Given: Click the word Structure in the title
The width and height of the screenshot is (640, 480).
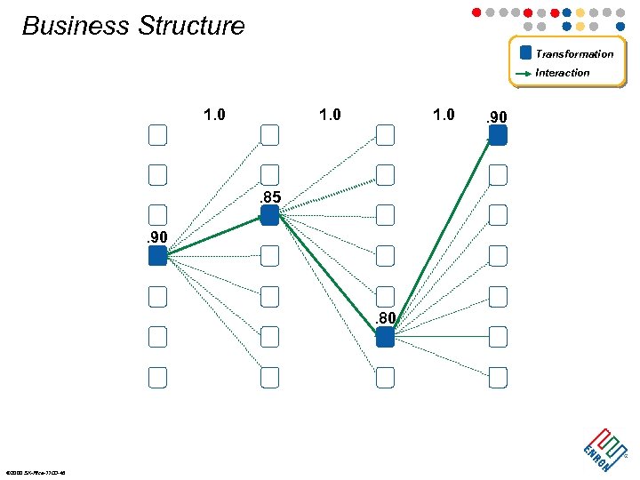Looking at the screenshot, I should point(189,26).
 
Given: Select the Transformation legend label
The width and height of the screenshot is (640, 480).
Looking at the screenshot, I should point(574,53).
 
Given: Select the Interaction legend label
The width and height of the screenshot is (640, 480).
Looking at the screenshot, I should point(563,73).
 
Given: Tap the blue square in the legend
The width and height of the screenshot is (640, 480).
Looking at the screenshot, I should point(525,52).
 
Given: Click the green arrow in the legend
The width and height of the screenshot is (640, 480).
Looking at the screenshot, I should point(524,73).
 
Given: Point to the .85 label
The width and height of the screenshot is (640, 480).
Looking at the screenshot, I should point(270,197).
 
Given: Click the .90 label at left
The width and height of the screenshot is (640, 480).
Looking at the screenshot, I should point(156,237).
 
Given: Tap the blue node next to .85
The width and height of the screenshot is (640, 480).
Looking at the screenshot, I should point(270,215).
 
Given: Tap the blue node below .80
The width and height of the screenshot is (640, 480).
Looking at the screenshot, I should point(385,337).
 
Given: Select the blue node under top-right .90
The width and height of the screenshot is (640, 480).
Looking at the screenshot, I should point(498,135).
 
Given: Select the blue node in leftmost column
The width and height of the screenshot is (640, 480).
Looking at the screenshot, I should point(157,256).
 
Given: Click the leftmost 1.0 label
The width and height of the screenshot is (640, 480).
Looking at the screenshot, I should point(214,115).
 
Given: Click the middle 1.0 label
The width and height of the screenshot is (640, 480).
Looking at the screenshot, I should point(330,115).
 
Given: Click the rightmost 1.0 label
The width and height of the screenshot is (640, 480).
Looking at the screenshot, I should point(444,115).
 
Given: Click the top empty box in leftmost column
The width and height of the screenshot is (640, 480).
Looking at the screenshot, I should point(157,135).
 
